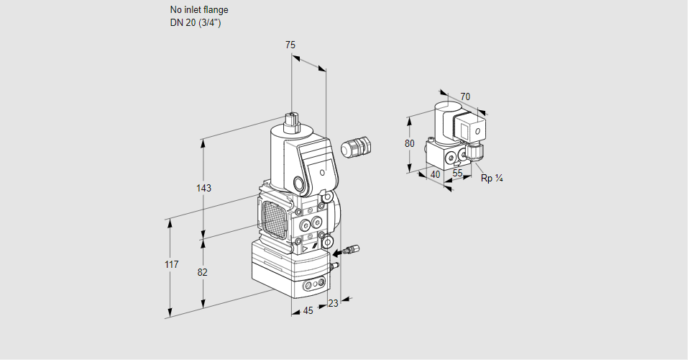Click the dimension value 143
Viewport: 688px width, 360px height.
point(203,189)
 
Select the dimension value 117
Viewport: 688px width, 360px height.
point(170,265)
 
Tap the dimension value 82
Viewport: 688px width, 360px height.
point(203,272)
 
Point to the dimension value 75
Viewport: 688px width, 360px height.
point(290,45)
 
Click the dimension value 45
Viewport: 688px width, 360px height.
point(308,310)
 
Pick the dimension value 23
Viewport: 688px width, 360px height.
point(332,303)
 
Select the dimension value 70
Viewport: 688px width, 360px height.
point(465,96)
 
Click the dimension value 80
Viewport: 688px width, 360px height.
point(410,143)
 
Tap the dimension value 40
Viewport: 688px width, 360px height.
point(435,174)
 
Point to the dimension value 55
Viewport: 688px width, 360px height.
point(458,174)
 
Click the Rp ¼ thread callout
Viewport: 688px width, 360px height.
point(491,178)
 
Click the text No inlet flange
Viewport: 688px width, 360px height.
point(199,10)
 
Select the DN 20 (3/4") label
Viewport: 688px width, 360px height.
point(196,22)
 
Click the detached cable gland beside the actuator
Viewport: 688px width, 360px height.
point(354,147)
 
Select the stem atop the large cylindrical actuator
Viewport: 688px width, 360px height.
point(291,121)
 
